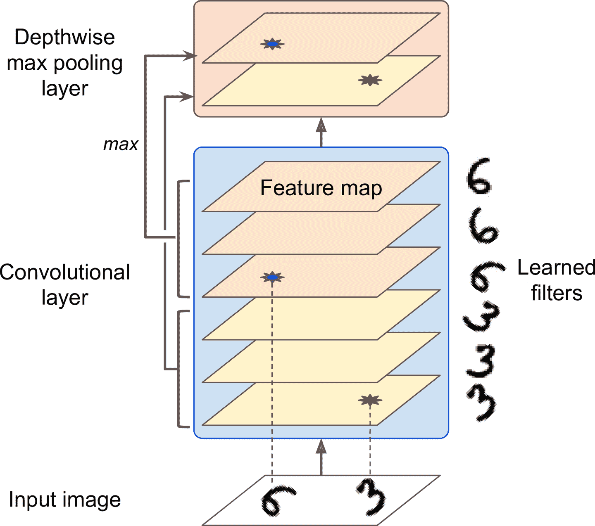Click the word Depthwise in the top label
pos(65,37)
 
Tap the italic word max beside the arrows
pos(121,145)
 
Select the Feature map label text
pos(321,188)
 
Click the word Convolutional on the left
pos(65,272)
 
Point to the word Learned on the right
pos(556,268)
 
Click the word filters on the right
pos(557,293)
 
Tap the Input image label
pos(65,500)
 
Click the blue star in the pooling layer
pos(272,44)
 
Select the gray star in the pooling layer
pos(369,80)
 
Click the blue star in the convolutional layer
pos(272,277)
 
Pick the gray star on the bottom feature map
pos(370,400)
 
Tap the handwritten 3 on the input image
pos(371,496)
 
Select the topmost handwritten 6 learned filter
pos(479,176)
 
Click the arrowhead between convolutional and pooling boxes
pos(321,125)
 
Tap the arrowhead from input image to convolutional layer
pos(321,447)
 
